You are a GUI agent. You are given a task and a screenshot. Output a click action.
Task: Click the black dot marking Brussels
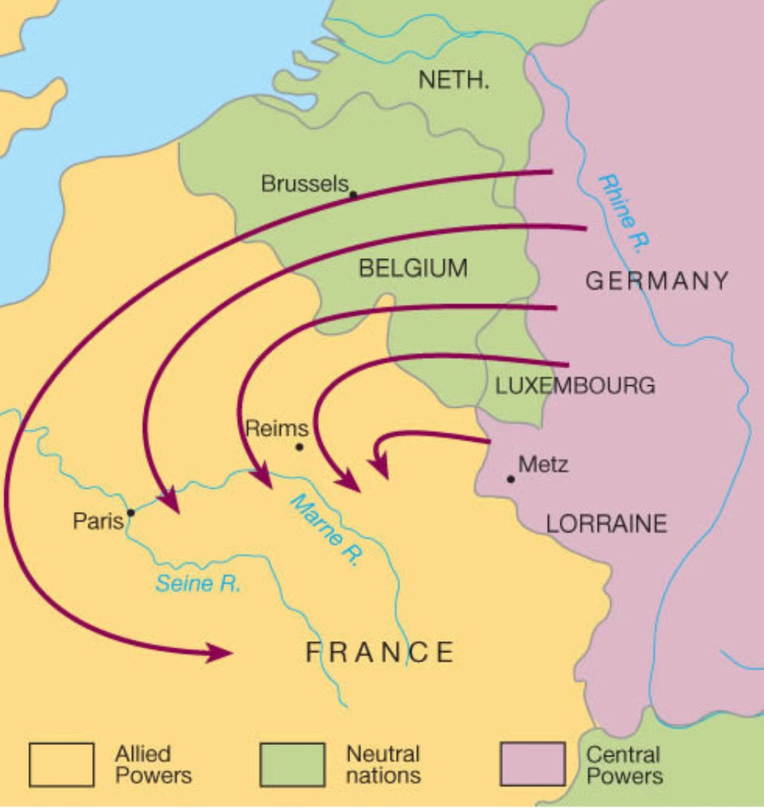353,194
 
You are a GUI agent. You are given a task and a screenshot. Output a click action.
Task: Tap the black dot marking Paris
130,512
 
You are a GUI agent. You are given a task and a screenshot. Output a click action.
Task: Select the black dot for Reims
299,447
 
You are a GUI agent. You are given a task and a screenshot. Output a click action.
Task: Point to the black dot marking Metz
510,479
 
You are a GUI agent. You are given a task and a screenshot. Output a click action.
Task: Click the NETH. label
453,80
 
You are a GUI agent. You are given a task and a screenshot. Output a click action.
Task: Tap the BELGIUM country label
413,269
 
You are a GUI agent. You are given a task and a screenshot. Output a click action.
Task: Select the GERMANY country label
656,282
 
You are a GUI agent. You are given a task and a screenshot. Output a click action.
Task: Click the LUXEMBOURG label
575,386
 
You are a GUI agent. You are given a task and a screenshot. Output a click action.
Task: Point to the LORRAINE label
606,523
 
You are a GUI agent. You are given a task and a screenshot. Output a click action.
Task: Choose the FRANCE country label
380,652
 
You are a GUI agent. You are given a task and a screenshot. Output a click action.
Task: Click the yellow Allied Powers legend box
62,765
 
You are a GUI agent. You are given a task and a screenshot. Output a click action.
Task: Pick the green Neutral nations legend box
291,765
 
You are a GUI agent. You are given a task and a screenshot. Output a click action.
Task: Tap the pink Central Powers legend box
532,765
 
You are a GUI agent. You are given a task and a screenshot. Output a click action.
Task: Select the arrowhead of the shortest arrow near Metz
377,467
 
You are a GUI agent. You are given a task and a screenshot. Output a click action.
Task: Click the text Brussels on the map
303,184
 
